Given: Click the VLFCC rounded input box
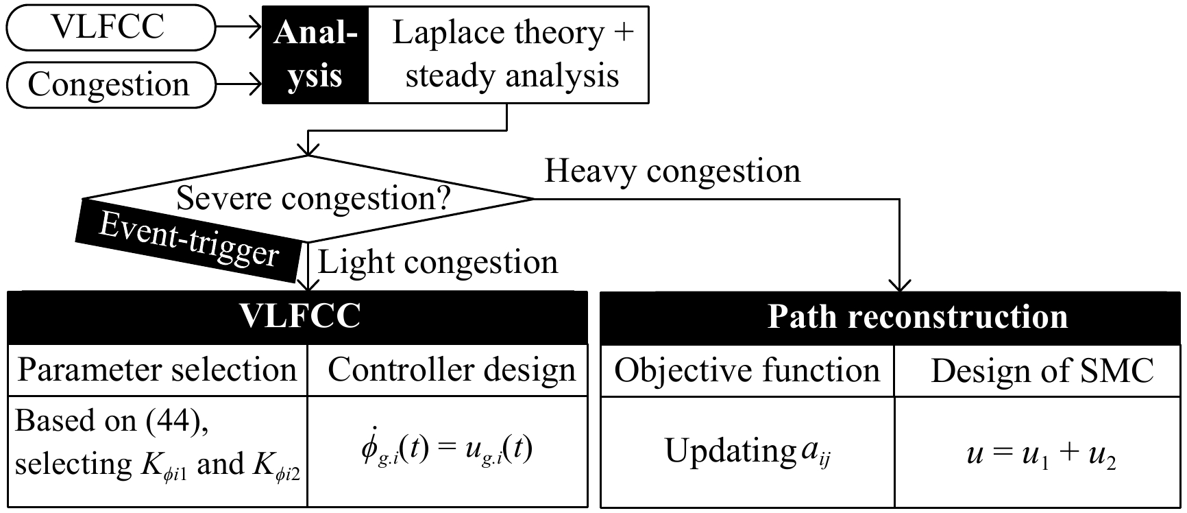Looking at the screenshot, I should point(110,27).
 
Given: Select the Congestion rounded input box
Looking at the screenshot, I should point(110,85).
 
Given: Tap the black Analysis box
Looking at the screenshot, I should point(315,55).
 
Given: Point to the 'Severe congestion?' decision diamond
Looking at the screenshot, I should point(313,199).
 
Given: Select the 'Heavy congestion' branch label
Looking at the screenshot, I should point(672,171).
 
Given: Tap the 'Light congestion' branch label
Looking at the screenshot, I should point(438,263).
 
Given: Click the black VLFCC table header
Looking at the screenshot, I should point(297,317).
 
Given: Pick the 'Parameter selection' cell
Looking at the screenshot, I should point(157,370).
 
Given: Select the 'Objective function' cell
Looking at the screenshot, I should point(747,370).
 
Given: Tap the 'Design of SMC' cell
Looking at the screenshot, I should point(1041,370).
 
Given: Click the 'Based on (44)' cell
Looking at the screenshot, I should point(157,451).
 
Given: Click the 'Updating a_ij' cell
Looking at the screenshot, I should point(747,452).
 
